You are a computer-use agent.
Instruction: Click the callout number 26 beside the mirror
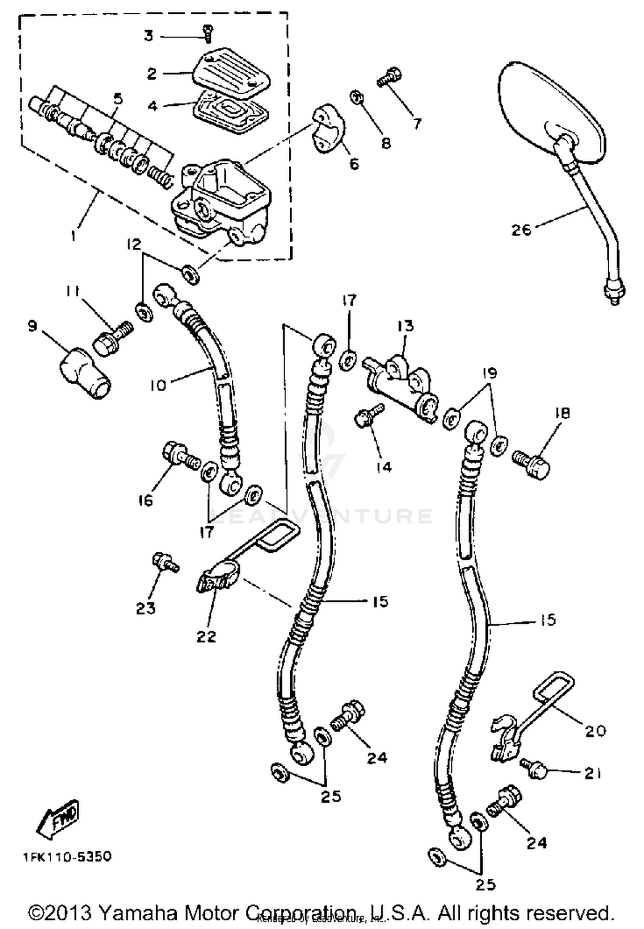tap(521, 229)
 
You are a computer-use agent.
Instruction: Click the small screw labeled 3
tap(208, 33)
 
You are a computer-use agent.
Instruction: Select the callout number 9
tap(32, 326)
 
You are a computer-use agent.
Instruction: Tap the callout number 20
tap(595, 730)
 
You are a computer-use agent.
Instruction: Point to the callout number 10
tap(158, 385)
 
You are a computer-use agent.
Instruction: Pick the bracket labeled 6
tap(328, 128)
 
